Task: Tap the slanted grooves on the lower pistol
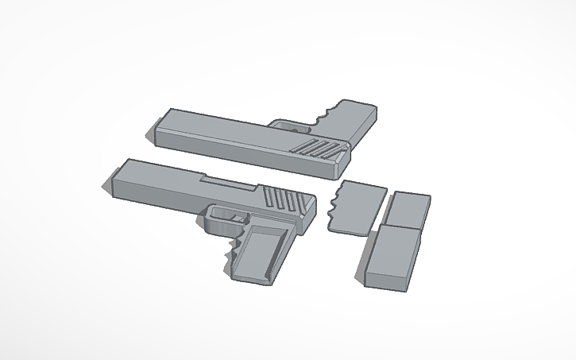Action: click(x=278, y=199)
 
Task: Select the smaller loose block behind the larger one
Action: click(x=409, y=207)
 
